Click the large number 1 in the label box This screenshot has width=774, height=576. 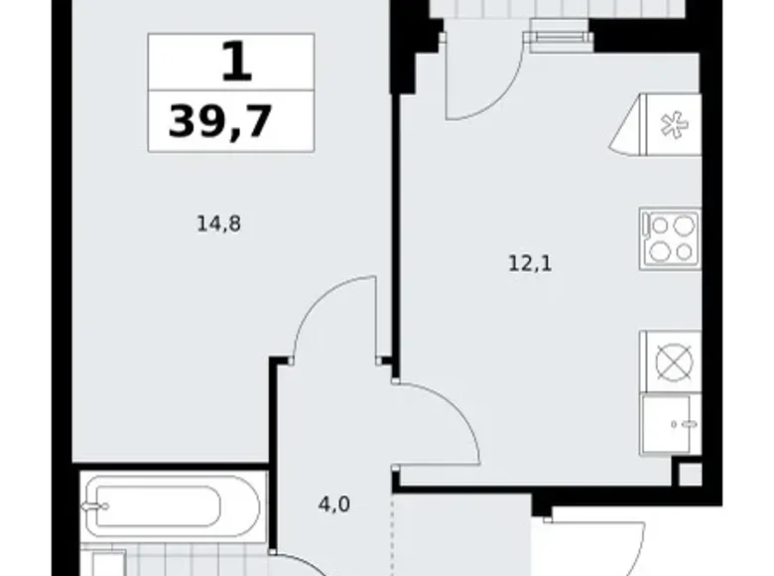click(x=237, y=62)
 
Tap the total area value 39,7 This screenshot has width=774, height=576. click(x=220, y=121)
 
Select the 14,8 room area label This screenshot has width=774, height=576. click(x=218, y=223)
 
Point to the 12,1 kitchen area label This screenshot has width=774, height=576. click(x=530, y=264)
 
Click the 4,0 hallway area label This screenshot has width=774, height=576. click(x=334, y=504)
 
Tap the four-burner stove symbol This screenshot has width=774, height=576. click(x=671, y=239)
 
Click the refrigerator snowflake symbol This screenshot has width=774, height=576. click(x=675, y=125)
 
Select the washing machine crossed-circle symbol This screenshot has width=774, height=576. click(x=675, y=362)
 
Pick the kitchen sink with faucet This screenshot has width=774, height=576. click(x=671, y=424)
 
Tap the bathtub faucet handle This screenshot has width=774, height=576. click(x=96, y=506)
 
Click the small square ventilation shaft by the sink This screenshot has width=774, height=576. click(x=690, y=475)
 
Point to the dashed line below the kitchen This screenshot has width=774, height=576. click(x=392, y=533)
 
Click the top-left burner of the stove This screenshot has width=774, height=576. click(x=660, y=226)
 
